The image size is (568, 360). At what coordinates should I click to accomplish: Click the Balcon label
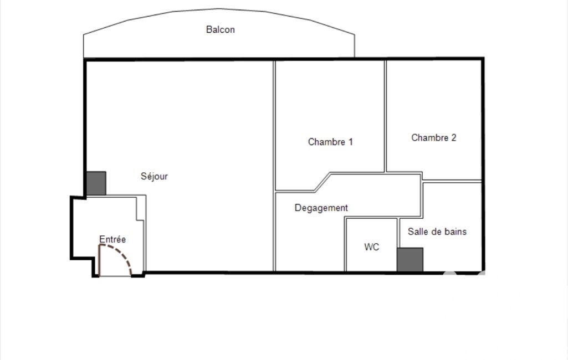pyautogui.click(x=220, y=29)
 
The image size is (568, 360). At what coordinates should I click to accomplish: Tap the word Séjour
pyautogui.click(x=154, y=176)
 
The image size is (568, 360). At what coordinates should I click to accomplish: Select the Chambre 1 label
pyautogui.click(x=330, y=142)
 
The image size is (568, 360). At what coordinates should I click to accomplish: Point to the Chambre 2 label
pyautogui.click(x=433, y=137)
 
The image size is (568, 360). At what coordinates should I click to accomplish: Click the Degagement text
pyautogui.click(x=321, y=208)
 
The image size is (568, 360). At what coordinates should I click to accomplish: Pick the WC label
pyautogui.click(x=372, y=247)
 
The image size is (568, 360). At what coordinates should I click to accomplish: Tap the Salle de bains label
pyautogui.click(x=437, y=232)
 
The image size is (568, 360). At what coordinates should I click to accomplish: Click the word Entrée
pyautogui.click(x=112, y=239)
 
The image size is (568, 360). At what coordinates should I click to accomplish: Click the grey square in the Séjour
pyautogui.click(x=96, y=183)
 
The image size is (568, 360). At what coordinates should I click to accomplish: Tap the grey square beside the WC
pyautogui.click(x=410, y=259)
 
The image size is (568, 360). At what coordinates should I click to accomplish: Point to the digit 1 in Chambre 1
pyautogui.click(x=350, y=142)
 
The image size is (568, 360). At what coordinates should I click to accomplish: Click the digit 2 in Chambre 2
pyautogui.click(x=453, y=137)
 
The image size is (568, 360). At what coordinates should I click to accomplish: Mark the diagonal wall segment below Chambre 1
pyautogui.click(x=323, y=182)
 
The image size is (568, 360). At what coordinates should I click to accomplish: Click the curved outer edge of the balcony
pyautogui.click(x=219, y=9)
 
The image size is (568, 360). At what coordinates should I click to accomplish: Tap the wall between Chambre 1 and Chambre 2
pyautogui.click(x=386, y=116)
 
